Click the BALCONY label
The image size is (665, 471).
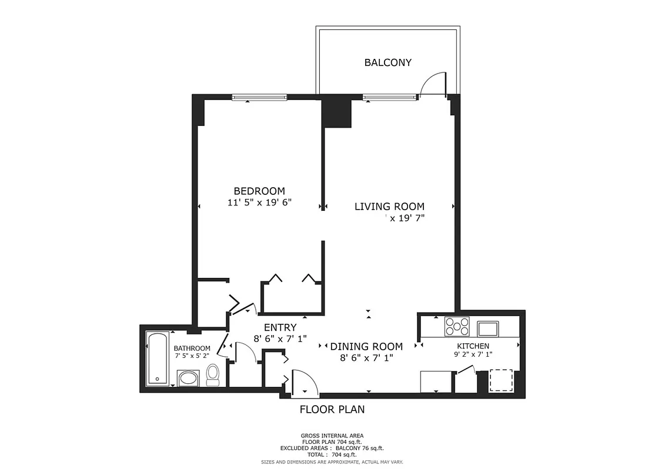(x=387, y=62)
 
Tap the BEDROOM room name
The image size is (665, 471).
(x=259, y=191)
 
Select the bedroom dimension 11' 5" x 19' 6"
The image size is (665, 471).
(x=259, y=203)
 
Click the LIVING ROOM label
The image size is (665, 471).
(x=389, y=207)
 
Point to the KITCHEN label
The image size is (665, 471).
(x=473, y=346)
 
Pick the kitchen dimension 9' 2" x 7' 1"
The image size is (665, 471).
(x=473, y=354)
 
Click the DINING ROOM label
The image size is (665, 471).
(x=366, y=347)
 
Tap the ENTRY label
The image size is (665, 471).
(x=280, y=328)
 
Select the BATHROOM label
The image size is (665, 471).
(x=192, y=349)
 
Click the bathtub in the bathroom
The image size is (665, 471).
(x=158, y=359)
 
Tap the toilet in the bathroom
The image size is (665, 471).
(x=213, y=374)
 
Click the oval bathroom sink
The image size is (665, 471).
(x=189, y=377)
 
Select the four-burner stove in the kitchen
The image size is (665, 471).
(x=457, y=326)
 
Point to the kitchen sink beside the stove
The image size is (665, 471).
(x=487, y=327)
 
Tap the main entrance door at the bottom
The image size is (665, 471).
(x=305, y=383)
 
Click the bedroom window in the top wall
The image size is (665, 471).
(x=259, y=98)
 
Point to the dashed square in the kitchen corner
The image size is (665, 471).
(x=502, y=380)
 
